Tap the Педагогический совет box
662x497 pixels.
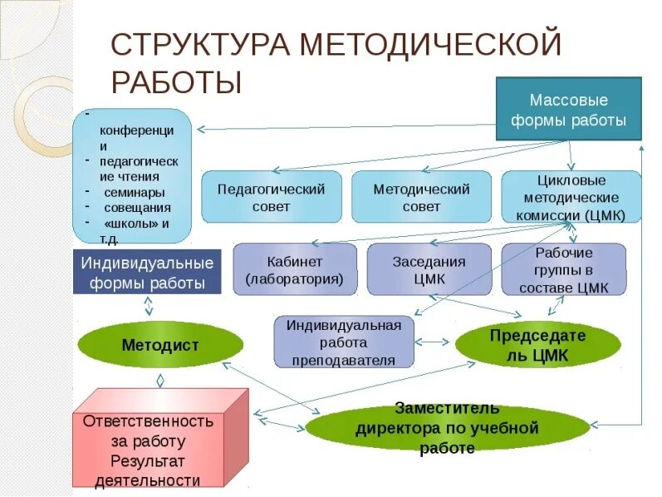(x=271, y=197)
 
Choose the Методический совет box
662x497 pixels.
(x=421, y=197)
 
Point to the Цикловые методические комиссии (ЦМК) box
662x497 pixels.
(x=571, y=197)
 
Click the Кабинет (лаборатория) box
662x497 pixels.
(x=294, y=269)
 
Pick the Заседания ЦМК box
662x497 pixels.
(x=429, y=269)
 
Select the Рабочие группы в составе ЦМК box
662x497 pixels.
(x=564, y=269)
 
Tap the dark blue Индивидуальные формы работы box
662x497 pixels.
(x=147, y=272)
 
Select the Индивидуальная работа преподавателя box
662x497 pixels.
(x=344, y=342)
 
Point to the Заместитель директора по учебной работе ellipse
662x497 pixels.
(x=448, y=429)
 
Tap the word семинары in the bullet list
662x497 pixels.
(x=130, y=192)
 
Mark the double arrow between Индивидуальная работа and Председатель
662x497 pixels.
(x=434, y=342)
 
